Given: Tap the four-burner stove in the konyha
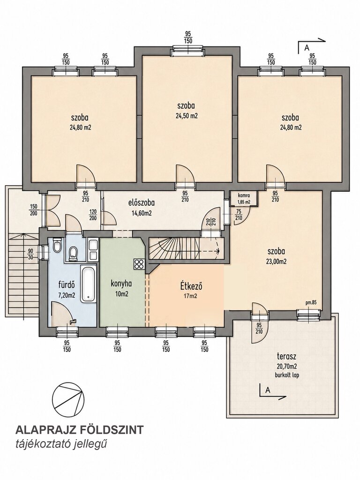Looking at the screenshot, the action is pos(138,264).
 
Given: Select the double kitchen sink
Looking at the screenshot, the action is pos(93,250).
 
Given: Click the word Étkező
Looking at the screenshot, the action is pos(191,287).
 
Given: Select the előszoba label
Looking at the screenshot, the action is pos(141,202).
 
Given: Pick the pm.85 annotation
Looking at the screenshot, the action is pos(311,303).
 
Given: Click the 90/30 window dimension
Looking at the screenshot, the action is pos(30,254).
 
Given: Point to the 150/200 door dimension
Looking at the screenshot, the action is pos(33,210).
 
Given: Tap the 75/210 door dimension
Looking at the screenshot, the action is pos(239,215).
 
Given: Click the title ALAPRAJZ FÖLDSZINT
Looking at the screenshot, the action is pos(79,430).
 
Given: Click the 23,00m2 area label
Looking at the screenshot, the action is pos(277,262).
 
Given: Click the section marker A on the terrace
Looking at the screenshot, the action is pos(268,390).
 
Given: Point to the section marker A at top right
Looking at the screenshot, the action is pos(306,48).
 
